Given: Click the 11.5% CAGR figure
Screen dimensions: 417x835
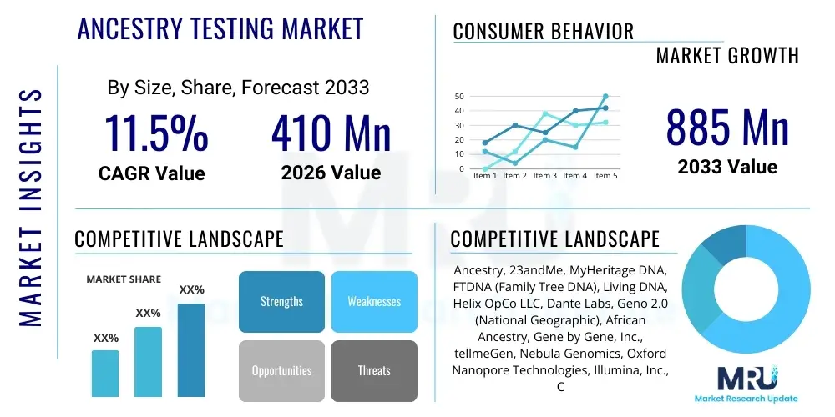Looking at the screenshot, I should click(155, 133).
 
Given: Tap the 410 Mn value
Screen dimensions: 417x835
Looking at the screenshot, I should click(331, 133).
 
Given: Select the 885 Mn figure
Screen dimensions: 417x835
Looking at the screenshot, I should click(727, 128).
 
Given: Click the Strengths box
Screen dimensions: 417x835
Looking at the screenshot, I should click(281, 301).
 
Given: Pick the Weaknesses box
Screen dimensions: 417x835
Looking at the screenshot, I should click(374, 301).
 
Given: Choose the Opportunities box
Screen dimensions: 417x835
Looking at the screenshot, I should click(281, 370).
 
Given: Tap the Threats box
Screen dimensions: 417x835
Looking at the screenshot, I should click(374, 370).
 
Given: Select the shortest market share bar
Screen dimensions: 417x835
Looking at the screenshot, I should click(105, 373).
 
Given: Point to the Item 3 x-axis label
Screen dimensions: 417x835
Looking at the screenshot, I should click(544, 176).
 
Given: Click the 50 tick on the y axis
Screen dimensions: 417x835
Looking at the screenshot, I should click(459, 97).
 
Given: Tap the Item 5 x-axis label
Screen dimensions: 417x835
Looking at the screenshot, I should click(605, 176).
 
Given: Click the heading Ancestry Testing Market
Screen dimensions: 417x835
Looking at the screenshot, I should click(220, 29).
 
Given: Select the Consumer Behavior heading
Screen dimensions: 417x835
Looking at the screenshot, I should click(544, 32).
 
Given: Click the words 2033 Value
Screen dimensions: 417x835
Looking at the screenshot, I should click(727, 167).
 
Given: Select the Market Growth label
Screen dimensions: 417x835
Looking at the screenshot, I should click(727, 56).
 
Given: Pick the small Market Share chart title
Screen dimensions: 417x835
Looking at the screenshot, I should click(124, 279).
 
